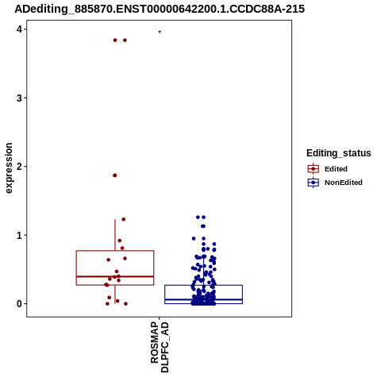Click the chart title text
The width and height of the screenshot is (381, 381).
point(160,10)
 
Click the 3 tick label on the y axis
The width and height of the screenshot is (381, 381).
point(19,98)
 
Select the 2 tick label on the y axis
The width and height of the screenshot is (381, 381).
point(19,167)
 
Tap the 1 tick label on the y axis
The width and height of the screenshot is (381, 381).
point(19,235)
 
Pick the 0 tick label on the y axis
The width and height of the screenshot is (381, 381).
point(19,304)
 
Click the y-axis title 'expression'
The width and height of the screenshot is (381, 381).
point(9,168)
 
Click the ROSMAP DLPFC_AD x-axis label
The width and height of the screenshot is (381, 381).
point(160,347)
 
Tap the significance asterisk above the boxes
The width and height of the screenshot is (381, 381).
point(160,33)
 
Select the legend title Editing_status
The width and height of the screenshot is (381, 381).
point(339,153)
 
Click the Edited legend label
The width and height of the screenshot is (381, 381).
point(336,169)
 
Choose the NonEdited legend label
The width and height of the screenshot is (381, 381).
point(344,183)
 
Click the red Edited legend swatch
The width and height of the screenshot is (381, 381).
point(314,169)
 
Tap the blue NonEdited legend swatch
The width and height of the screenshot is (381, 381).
point(314,183)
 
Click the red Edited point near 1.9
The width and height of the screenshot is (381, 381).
point(115,175)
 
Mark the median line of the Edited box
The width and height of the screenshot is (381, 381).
point(115,276)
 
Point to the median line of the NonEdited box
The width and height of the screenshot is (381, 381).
point(204,299)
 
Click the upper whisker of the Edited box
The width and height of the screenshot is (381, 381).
point(115,235)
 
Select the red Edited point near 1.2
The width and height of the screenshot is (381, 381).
point(124,219)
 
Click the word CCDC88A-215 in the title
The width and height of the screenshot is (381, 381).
point(267,10)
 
